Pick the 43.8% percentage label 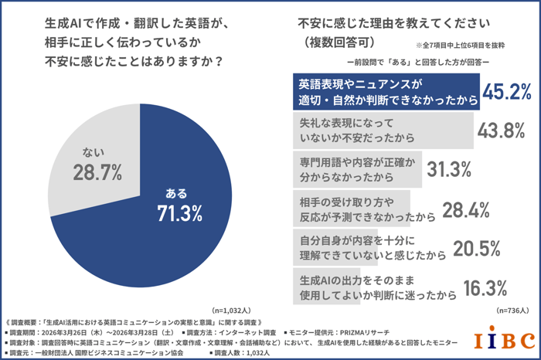502,131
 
